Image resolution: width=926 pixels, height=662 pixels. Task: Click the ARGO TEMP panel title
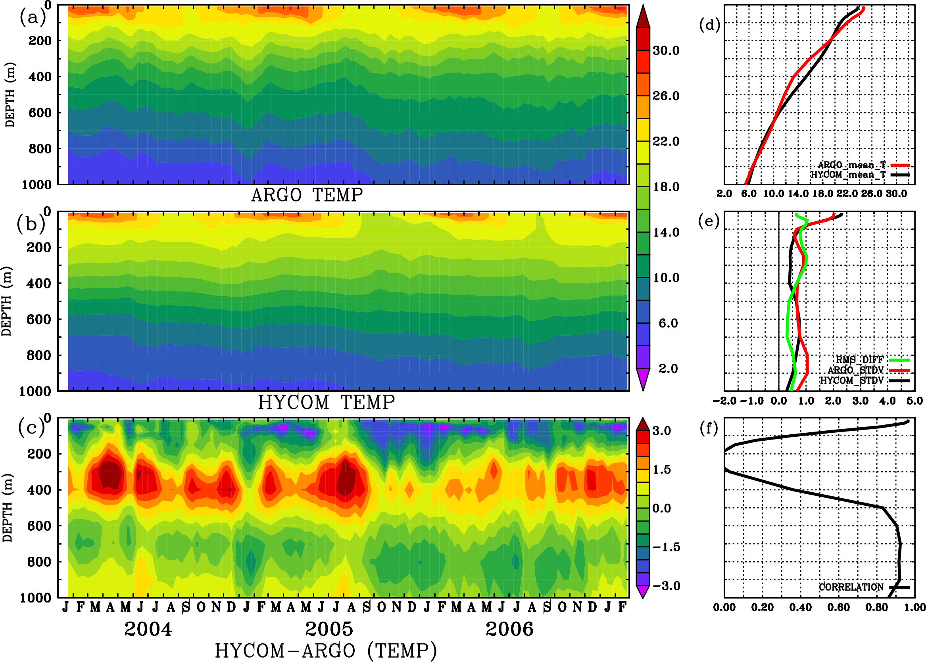pos(307,195)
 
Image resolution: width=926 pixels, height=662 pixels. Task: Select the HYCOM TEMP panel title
pos(326,402)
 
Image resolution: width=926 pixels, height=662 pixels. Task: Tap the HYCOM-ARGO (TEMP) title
pos(325,650)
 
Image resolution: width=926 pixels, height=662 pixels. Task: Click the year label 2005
pos(329,629)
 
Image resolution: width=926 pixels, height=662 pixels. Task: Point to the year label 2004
pos(148,629)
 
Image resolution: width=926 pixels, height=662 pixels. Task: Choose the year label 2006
pos(509,629)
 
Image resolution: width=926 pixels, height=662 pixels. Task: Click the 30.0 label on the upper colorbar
pos(666,50)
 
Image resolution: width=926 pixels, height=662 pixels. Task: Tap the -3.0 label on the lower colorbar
pos(666,586)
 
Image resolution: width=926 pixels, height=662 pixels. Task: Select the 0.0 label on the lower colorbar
pos(662,508)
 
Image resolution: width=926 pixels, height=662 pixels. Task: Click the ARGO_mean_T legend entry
pos(852,165)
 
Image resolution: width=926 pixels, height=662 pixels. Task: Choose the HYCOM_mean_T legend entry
pos(848,175)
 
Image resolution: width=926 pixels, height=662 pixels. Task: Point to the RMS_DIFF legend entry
pos(859,360)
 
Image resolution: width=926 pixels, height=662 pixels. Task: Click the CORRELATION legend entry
pos(851,587)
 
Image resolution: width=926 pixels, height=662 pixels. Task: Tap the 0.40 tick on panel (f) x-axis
pos(800,607)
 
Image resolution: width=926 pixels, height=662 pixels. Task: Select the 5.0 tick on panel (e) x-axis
pos(914,401)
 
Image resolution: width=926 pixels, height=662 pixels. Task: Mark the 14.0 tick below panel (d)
pos(798,194)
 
